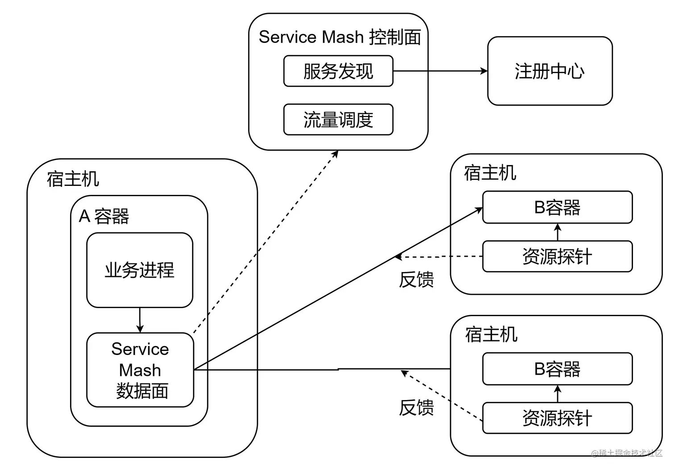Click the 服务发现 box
click(x=338, y=71)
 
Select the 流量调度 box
click(x=338, y=120)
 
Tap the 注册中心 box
click(x=550, y=71)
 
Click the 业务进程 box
click(x=139, y=270)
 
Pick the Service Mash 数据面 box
click(x=140, y=370)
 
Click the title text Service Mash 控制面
click(x=340, y=37)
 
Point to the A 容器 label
click(x=104, y=216)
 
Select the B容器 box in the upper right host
click(x=557, y=207)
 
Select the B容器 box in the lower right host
click(x=557, y=369)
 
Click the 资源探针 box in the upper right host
click(x=557, y=256)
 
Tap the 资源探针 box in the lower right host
click(x=557, y=418)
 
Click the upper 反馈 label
click(x=416, y=280)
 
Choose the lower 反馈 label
click(x=416, y=407)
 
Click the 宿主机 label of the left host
click(x=73, y=179)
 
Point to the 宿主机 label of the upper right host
click(x=490, y=173)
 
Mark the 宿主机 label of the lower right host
click(x=491, y=334)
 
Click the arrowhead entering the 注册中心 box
click(x=484, y=71)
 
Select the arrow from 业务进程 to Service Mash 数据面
click(x=140, y=320)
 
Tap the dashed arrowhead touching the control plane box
click(x=335, y=154)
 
